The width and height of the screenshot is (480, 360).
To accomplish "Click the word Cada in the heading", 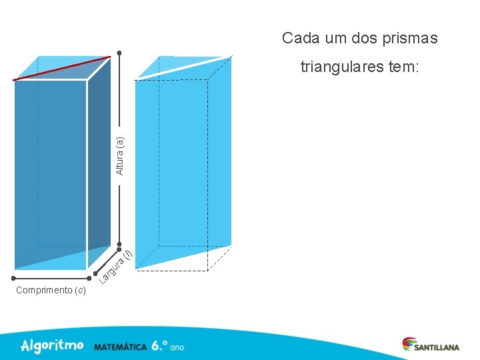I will (x=297, y=38).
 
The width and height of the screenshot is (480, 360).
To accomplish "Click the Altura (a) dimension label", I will (x=120, y=155).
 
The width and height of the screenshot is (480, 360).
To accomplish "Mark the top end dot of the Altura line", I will (x=119, y=53).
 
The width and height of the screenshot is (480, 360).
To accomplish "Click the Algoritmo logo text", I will (x=52, y=345).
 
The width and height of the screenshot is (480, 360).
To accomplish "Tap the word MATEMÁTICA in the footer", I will (x=120, y=347).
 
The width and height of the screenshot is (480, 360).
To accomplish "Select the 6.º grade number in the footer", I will (x=159, y=346).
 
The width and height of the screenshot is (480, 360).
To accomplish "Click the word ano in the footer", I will (x=177, y=347).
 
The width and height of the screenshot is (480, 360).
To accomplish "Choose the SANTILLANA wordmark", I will (x=437, y=347).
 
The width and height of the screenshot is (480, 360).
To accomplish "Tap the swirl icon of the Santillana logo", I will (x=408, y=343).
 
